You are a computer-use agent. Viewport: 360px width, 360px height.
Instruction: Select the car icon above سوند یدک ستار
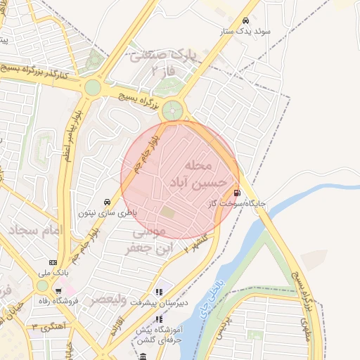245,20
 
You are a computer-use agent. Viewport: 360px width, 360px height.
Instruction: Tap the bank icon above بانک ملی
53,261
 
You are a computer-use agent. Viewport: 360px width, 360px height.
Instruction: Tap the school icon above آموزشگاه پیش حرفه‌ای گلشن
158,318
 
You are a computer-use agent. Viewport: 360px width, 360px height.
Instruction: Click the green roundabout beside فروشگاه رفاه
43,286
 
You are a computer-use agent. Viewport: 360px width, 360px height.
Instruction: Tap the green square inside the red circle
167,211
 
